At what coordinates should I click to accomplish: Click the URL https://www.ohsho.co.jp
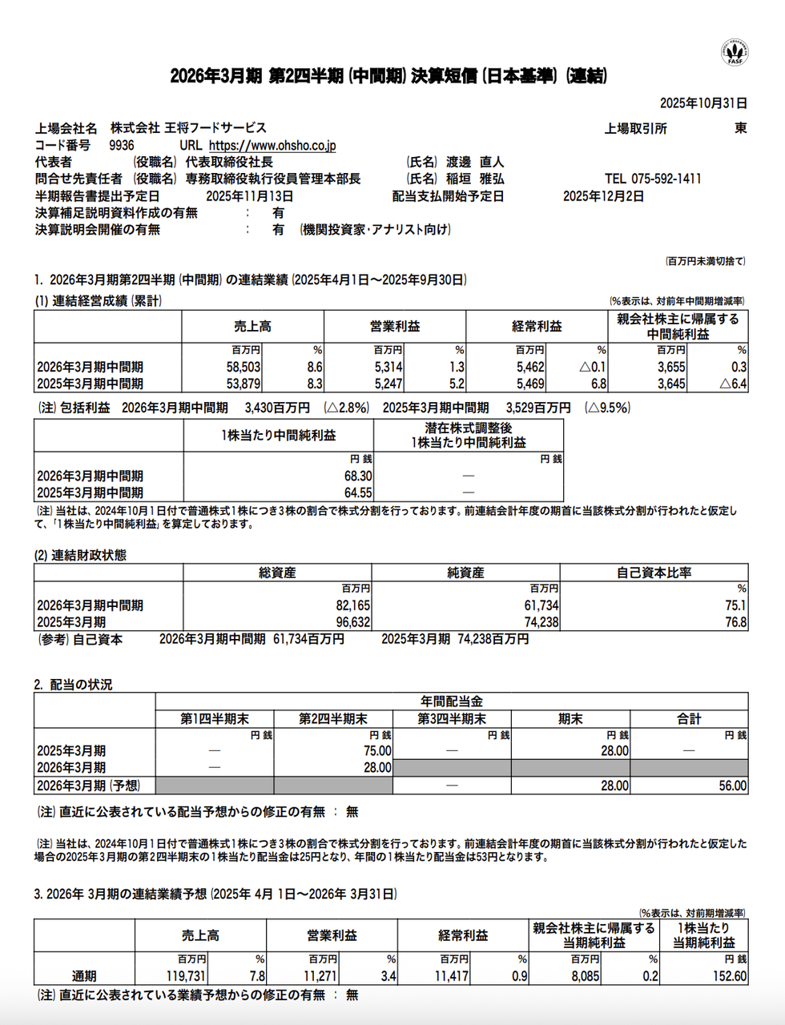[272, 146]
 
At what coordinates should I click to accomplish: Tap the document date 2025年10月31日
[703, 103]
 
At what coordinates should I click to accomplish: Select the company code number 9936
[122, 146]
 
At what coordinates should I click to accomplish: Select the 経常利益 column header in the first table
[537, 327]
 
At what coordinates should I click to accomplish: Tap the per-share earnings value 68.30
[358, 476]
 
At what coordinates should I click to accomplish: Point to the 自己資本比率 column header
[654, 573]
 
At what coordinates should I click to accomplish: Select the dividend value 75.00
[377, 751]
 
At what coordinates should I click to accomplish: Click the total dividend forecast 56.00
[732, 786]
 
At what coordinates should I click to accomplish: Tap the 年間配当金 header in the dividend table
[451, 701]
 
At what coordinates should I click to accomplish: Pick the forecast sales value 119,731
[186, 976]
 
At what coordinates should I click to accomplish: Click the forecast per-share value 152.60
[729, 976]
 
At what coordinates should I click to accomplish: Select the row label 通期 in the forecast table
[84, 976]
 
